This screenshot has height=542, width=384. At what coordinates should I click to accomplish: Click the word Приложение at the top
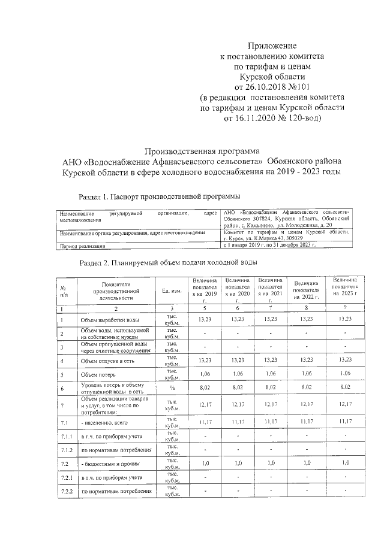point(273,46)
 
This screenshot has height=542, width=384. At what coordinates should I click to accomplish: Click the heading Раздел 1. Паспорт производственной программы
point(160,196)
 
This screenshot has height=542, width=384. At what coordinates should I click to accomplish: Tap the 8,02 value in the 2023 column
point(344,388)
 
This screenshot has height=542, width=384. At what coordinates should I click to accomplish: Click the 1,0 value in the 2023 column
point(344,463)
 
